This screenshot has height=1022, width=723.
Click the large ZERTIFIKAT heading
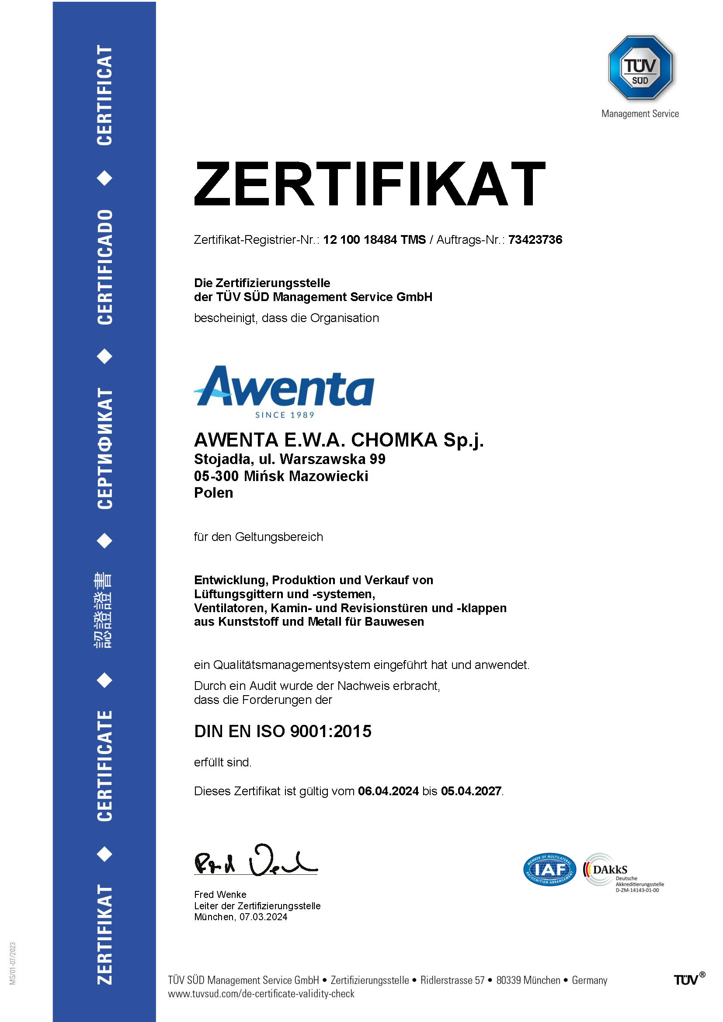(x=369, y=184)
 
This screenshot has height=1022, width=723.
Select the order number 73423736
(x=535, y=240)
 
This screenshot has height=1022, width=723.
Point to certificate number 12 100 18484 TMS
(x=374, y=240)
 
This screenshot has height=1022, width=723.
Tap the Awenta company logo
(x=284, y=386)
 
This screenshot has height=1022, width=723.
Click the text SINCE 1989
(x=285, y=415)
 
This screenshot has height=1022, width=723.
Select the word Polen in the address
(x=213, y=493)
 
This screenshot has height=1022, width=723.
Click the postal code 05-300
(x=216, y=476)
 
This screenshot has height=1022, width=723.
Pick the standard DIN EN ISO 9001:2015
(x=283, y=731)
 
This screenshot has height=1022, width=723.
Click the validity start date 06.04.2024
(x=388, y=791)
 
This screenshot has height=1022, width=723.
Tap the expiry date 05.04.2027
(x=471, y=791)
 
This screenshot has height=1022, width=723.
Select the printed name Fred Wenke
(x=220, y=894)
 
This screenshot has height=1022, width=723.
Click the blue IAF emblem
(x=549, y=870)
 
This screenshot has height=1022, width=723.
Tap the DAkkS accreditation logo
(x=623, y=872)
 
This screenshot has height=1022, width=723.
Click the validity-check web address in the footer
(x=261, y=994)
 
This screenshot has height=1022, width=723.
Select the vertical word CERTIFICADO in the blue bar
(x=104, y=267)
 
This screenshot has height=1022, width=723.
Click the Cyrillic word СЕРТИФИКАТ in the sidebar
(x=104, y=448)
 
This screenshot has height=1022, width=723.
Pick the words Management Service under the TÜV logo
(x=640, y=114)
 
